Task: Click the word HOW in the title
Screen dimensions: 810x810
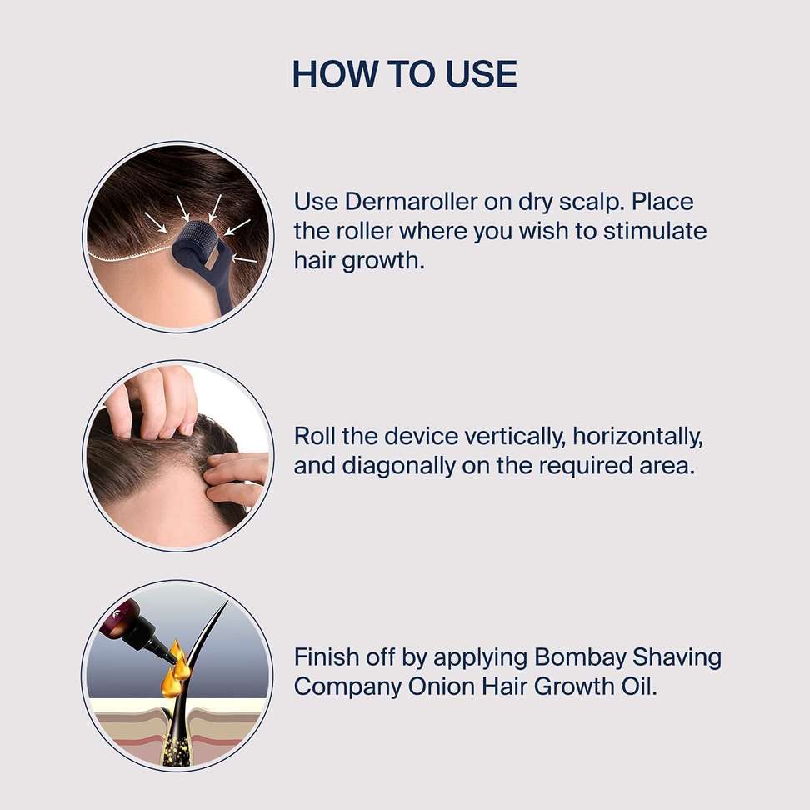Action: [x=335, y=73]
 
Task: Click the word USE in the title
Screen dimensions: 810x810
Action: [x=481, y=73]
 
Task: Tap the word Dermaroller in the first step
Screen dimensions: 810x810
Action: [x=411, y=201]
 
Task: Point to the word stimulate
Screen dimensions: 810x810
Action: [x=655, y=231]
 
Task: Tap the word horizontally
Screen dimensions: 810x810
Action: [x=638, y=437]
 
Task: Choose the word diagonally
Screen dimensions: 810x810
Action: [x=398, y=467]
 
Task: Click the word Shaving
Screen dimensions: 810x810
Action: [x=677, y=658]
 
